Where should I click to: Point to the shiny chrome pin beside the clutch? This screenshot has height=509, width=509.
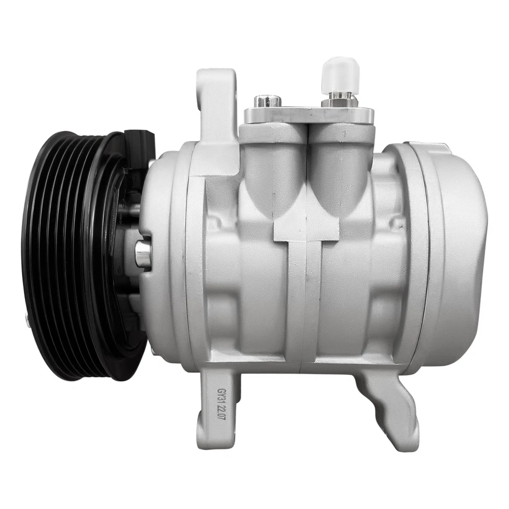tap(143, 254)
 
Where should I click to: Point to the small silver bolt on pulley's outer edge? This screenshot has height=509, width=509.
tap(26, 319)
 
